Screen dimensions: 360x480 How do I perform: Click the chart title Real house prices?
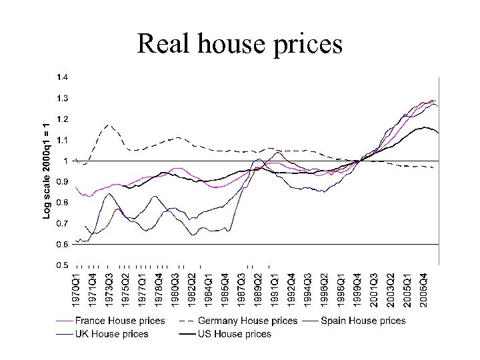[239, 43]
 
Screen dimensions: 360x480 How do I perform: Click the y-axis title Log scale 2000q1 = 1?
[46, 170]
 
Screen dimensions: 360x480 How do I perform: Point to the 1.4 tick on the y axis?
[61, 77]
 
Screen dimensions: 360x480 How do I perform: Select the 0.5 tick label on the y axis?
[61, 265]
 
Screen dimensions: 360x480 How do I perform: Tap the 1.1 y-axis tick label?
[61, 140]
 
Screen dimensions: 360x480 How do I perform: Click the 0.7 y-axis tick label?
[61, 223]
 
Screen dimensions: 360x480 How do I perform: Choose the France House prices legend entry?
[120, 321]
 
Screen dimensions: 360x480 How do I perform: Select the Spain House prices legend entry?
[363, 321]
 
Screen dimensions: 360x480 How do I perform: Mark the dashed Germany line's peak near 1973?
[109, 125]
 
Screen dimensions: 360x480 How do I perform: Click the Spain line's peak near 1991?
[278, 152]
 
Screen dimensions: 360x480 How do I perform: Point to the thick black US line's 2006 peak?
[424, 127]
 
